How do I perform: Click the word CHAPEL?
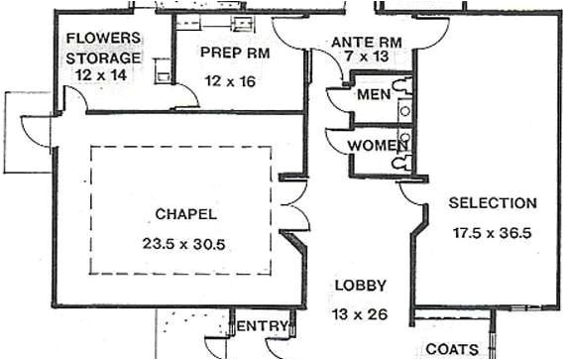coord(185,213)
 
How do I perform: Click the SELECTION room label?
coord(493,203)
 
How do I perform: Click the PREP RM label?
coord(232,52)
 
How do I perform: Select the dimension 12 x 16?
coord(230,80)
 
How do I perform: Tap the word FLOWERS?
coord(104,40)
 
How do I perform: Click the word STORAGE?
coord(103,58)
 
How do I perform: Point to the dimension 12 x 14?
coord(103,75)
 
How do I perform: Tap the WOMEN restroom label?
coord(378,146)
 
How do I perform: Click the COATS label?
coord(452,349)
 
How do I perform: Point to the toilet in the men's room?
coord(403,87)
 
